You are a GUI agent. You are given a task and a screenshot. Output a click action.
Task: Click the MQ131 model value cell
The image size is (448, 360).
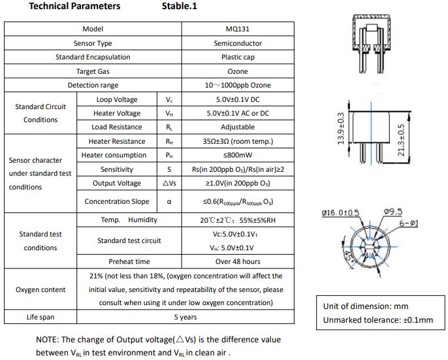pos(238,29)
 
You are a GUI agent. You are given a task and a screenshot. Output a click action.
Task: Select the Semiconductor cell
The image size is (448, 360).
pos(238,43)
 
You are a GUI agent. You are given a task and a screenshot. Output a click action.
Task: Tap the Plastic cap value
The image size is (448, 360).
pos(238,57)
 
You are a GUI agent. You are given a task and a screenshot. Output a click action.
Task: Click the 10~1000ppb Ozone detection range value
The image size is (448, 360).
pos(238,85)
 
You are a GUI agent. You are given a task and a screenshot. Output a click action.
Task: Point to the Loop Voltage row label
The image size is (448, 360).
pos(117,99)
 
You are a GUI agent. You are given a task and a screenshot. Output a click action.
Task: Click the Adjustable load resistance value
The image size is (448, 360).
pos(238,127)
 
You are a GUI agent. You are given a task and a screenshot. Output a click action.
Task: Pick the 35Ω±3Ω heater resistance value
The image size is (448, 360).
pos(238,141)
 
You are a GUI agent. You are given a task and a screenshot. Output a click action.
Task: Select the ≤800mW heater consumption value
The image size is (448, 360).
pos(238,155)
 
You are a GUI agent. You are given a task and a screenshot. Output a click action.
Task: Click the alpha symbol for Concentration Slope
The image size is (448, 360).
pos(169,202)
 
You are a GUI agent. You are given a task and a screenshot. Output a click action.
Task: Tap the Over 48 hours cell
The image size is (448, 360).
pos(238,261)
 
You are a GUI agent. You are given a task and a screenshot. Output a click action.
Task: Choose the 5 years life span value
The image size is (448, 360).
pos(185,317)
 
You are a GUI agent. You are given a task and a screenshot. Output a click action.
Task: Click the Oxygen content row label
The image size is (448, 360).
pos(40,289)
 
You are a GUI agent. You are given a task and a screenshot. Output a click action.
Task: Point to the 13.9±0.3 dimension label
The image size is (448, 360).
pos(341,129)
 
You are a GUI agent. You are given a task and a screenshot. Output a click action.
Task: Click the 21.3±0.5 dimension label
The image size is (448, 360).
pos(401,140)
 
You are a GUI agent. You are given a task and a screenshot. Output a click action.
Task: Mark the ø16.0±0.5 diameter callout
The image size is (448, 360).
pos(340,213)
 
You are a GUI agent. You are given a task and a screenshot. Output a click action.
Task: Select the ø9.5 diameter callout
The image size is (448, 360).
pos(393,212)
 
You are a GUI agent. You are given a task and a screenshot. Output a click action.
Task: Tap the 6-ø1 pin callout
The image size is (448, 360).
pos(409,223)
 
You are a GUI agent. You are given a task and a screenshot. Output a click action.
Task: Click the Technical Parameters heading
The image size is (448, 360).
pos(74,6)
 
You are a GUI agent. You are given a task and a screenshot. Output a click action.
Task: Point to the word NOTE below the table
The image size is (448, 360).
pos(47,340)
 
